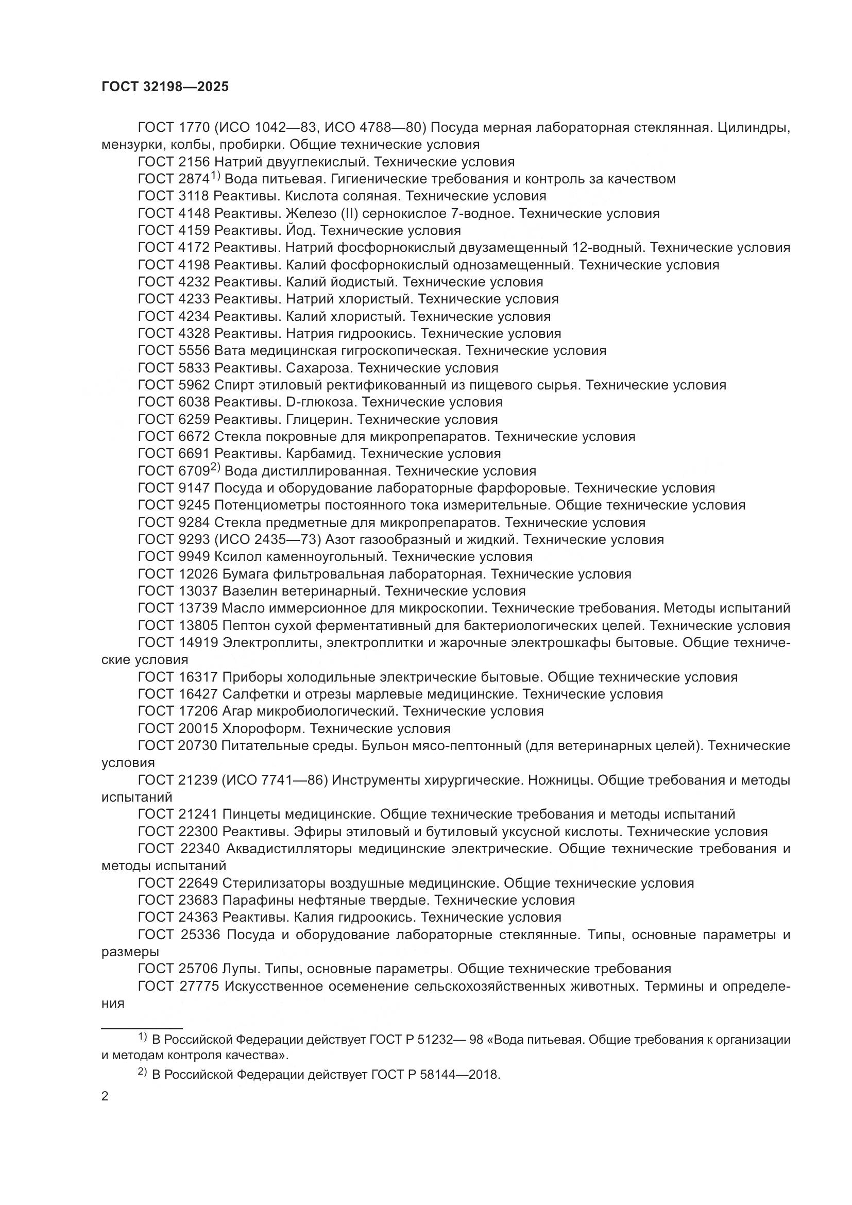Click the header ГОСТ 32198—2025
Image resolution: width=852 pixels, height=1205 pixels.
pos(165,87)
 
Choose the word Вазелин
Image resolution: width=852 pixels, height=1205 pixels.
pos(250,591)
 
